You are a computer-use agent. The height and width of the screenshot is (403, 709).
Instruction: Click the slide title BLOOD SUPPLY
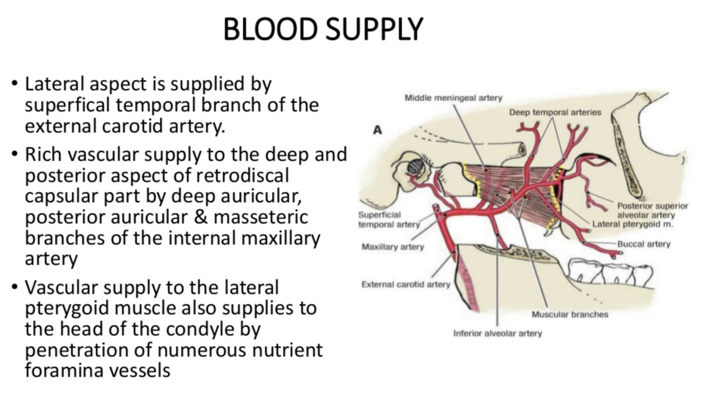[323, 29]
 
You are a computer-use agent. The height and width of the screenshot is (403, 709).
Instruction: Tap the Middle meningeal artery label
[453, 98]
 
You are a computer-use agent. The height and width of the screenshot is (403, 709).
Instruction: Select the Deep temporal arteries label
[555, 112]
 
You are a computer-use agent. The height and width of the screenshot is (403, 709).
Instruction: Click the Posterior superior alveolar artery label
[652, 210]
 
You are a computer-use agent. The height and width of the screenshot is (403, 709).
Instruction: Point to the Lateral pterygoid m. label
[632, 224]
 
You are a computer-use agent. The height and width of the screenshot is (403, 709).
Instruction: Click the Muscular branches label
[570, 314]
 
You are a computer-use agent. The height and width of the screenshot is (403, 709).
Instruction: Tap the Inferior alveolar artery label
[497, 333]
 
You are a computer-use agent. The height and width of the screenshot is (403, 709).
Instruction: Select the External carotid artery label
[406, 284]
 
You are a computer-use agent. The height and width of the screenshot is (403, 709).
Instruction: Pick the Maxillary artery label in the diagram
[393, 247]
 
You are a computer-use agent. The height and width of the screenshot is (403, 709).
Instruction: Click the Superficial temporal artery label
[389, 220]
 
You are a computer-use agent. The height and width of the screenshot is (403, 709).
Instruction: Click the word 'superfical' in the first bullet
[68, 105]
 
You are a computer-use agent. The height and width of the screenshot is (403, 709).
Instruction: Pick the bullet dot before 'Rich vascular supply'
[14, 154]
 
